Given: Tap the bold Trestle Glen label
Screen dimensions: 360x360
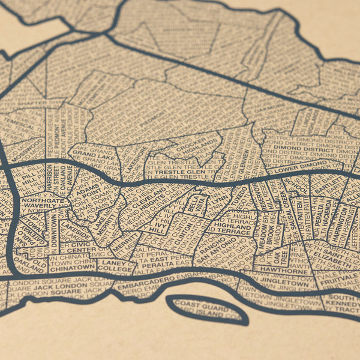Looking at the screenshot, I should [x=183, y=173].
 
